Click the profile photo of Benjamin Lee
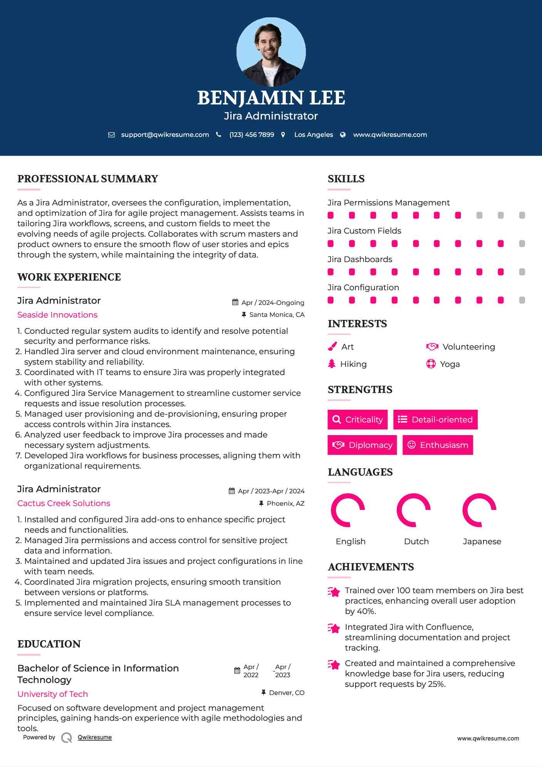coord(271,52)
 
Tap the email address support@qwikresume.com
coord(165,135)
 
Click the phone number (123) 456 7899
coord(252,135)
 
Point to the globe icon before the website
coord(343,135)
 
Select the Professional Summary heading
coord(88,179)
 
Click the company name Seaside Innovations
coord(57,315)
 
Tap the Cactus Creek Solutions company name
coord(64,503)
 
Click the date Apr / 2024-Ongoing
coord(272,303)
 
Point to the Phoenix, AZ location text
coord(285,503)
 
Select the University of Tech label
coord(53,694)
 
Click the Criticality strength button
coord(357,419)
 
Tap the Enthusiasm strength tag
coord(438,445)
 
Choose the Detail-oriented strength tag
coord(435,419)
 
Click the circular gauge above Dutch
coord(413,510)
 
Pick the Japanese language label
coord(482,542)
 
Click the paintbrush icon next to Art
coord(332,346)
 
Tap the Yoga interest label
coord(450,364)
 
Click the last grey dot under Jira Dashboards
coord(522,272)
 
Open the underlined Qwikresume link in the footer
coord(95,737)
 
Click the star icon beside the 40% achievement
coord(334,592)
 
